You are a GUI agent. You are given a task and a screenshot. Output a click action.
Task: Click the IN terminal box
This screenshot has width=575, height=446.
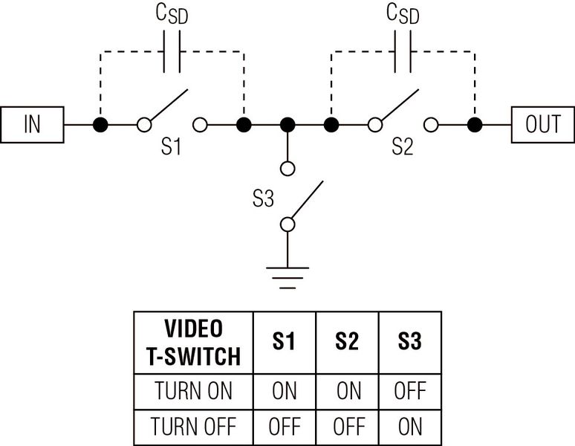(33, 124)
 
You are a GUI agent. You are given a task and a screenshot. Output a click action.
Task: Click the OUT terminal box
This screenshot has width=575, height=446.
(542, 124)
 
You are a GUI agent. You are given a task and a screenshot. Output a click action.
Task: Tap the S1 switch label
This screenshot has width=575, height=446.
(172, 147)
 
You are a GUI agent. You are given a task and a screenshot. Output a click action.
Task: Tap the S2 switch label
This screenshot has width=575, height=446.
(402, 147)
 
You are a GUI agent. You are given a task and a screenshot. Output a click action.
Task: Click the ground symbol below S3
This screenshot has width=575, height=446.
(288, 277)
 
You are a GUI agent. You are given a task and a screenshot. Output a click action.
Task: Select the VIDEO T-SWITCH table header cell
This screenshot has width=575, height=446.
(193, 342)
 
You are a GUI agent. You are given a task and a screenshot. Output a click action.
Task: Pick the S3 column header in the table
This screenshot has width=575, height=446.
(409, 342)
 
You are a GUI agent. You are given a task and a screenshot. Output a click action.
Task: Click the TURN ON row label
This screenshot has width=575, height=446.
(193, 390)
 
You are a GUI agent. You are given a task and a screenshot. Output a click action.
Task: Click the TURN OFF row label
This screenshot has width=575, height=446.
(193, 426)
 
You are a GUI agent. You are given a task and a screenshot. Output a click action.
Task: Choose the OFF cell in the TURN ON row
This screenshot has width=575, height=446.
(409, 390)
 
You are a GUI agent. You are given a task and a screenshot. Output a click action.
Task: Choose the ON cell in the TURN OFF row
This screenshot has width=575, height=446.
(409, 426)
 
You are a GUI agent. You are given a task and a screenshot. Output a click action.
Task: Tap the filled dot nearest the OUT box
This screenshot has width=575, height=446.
(474, 124)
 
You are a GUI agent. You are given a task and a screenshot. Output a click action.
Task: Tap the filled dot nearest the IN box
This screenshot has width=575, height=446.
(99, 124)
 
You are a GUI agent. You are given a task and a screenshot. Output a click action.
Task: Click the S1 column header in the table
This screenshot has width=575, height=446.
(285, 342)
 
